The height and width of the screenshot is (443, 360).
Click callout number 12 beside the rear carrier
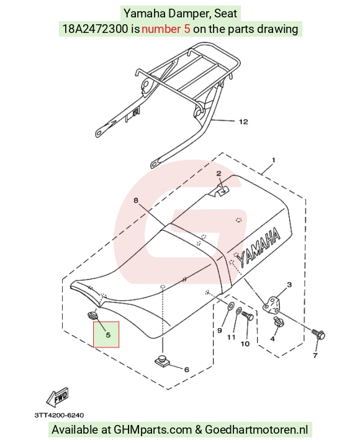click(x=243, y=122)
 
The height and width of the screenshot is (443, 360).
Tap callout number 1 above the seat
click(x=273, y=160)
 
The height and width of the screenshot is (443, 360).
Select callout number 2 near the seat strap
click(x=219, y=173)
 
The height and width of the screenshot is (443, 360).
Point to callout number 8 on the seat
click(x=136, y=200)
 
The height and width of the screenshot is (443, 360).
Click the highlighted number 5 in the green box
click(x=108, y=335)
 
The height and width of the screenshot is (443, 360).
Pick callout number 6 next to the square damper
click(x=186, y=370)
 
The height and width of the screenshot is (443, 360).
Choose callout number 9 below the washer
click(x=220, y=331)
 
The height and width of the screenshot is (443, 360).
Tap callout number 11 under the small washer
click(x=232, y=337)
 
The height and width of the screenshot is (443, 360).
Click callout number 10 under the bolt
click(x=245, y=344)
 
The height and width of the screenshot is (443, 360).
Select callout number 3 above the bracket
click(x=289, y=285)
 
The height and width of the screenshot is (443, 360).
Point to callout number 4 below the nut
click(x=272, y=339)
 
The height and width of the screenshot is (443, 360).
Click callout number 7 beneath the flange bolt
click(x=315, y=355)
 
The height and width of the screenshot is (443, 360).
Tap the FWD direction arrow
click(x=58, y=396)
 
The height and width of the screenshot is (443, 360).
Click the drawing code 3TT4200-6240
click(x=59, y=415)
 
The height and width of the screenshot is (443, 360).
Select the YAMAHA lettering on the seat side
click(x=259, y=247)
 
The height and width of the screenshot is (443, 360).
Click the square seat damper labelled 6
click(x=163, y=360)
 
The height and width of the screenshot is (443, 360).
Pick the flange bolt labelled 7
click(x=319, y=334)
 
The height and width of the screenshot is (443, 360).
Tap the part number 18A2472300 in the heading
click(x=95, y=29)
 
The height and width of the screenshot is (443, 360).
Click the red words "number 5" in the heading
click(x=166, y=29)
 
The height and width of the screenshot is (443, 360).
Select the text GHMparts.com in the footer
click(x=153, y=430)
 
